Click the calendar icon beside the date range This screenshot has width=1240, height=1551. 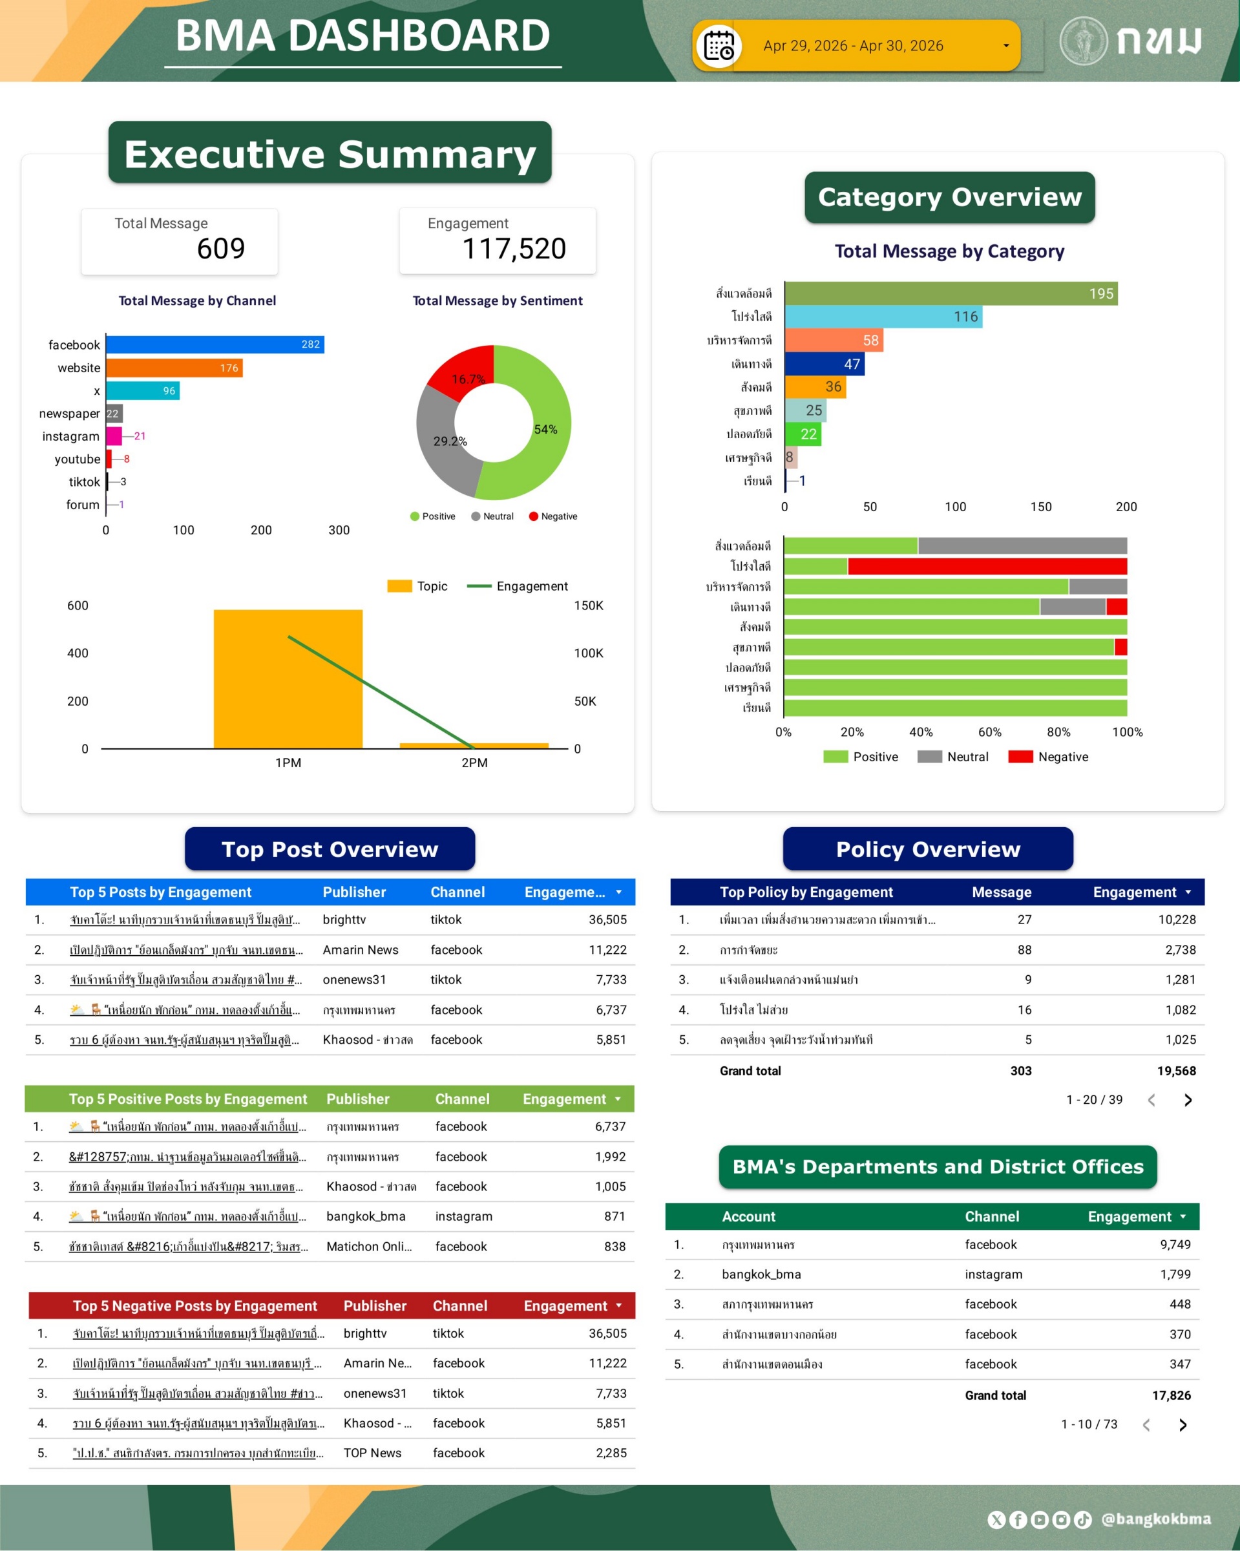click(719, 47)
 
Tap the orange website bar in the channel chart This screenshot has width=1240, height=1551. click(174, 368)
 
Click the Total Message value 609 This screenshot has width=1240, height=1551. click(221, 249)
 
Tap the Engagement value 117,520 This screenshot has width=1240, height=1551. click(514, 249)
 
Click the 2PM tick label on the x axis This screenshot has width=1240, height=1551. click(474, 763)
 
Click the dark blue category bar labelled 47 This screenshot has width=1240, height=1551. click(824, 364)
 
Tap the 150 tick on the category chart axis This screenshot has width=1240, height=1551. click(1040, 507)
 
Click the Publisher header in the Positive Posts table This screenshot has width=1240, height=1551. click(357, 1099)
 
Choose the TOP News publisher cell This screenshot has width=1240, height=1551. click(372, 1453)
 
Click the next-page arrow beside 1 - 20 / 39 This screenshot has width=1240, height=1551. click(1188, 1100)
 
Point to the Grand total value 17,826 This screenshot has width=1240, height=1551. click(1171, 1396)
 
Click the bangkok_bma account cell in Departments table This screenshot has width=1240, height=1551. click(761, 1275)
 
